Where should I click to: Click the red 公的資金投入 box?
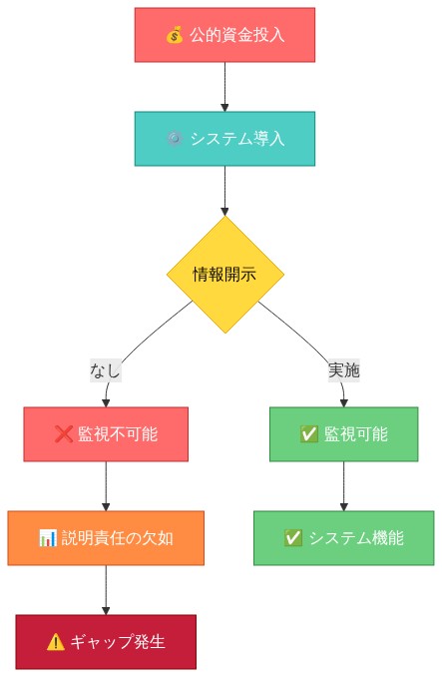(224, 35)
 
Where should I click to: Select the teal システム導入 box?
(224, 138)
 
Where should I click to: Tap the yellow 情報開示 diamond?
(224, 275)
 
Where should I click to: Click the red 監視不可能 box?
(106, 434)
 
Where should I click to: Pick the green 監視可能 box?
(343, 434)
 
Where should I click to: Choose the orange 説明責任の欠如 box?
(106, 538)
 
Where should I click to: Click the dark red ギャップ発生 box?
(106, 641)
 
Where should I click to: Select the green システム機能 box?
(343, 538)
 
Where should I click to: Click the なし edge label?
(105, 370)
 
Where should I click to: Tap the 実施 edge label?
(344, 370)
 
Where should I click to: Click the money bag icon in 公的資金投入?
(174, 36)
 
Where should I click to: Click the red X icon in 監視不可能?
(63, 434)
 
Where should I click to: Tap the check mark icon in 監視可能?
(308, 434)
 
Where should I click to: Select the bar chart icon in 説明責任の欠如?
(47, 538)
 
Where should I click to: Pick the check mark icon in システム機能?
(293, 538)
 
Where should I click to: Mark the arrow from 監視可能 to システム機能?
(343, 486)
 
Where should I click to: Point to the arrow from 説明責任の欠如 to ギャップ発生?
(106, 589)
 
